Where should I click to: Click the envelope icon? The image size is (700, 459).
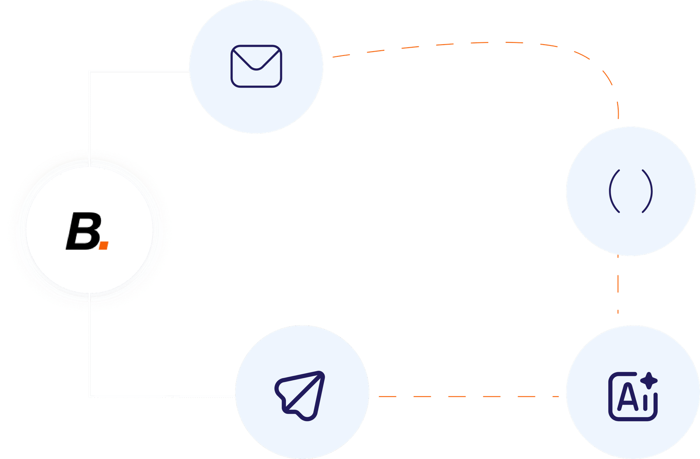256,66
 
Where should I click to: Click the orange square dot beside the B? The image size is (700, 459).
103,245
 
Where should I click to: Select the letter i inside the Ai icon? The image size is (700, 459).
645,401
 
